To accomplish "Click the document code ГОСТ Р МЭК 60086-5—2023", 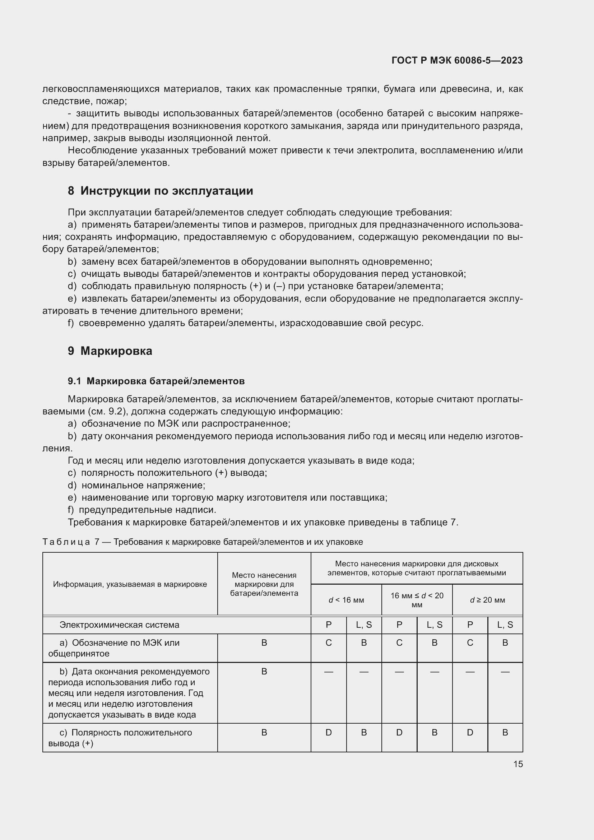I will pyautogui.click(x=457, y=60).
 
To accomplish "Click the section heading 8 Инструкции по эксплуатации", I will pyautogui.click(x=160, y=191).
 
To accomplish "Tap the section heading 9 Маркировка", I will pyautogui.click(x=110, y=351).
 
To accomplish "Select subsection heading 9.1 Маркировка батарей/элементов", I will pyautogui.click(x=156, y=381).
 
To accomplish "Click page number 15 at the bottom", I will pyautogui.click(x=518, y=764).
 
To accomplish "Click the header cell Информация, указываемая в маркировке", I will pyautogui.click(x=130, y=584).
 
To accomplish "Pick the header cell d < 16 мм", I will pyautogui.click(x=346, y=600).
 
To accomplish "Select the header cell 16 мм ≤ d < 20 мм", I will pyautogui.click(x=417, y=600).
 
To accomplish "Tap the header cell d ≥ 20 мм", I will pyautogui.click(x=487, y=600).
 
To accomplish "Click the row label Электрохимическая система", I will pyautogui.click(x=119, y=625).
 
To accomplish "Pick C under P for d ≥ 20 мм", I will pyautogui.click(x=470, y=643).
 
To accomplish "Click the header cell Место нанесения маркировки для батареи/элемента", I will pyautogui.click(x=264, y=584).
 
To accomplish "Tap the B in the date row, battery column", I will pyautogui.click(x=264, y=671).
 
